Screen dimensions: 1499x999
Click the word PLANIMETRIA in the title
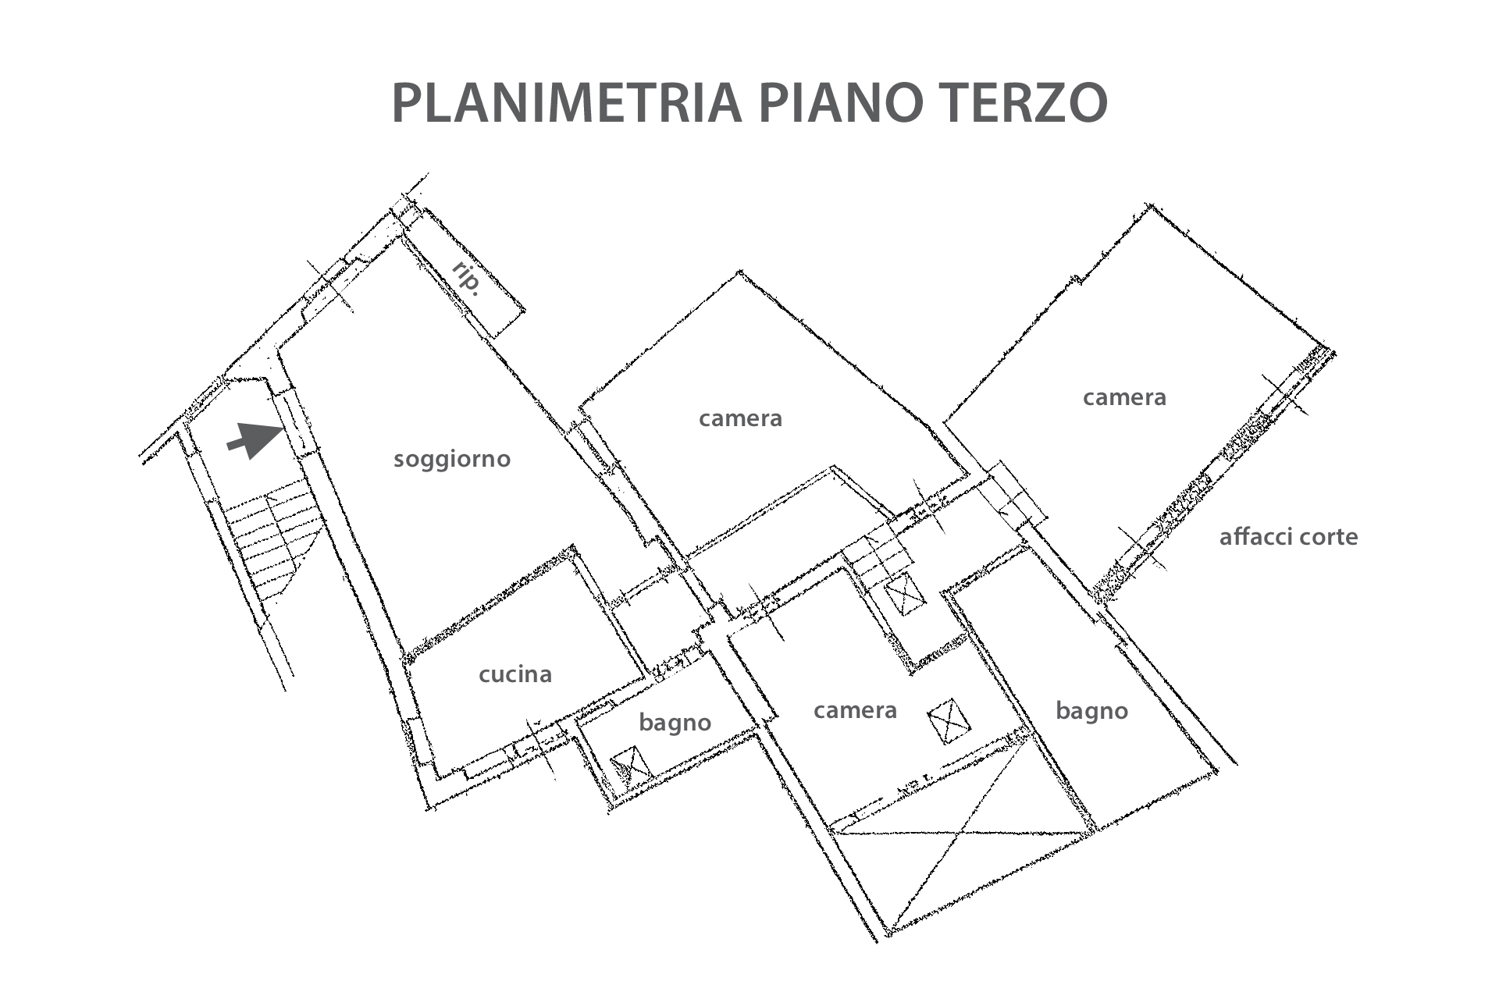point(566,102)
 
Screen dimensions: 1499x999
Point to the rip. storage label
point(466,279)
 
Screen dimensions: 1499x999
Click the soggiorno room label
point(452,459)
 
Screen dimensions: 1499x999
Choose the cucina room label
point(515,674)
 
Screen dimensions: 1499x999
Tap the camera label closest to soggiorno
point(740,419)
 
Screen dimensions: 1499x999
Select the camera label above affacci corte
point(1124,398)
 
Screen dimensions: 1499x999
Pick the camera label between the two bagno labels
point(855,711)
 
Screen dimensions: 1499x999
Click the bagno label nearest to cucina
point(675,723)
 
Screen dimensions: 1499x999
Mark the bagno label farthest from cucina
point(1091,711)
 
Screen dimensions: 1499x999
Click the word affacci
point(1254,536)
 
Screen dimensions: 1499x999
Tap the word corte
point(1327,537)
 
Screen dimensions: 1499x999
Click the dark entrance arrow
point(256,440)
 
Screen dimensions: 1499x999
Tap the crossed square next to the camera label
point(949,720)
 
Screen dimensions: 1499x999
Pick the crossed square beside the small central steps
point(905,595)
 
